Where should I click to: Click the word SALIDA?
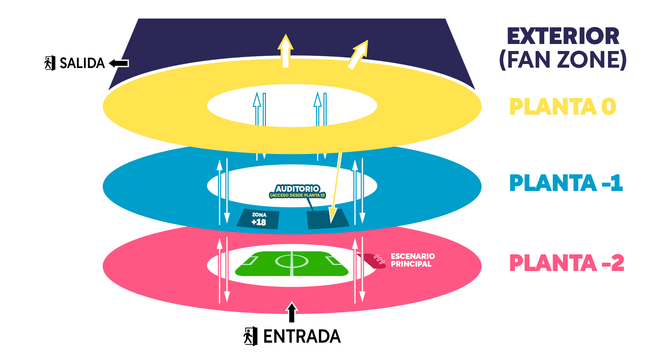coord(82,63)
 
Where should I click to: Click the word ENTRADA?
coord(302,336)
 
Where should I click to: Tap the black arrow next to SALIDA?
coord(119,63)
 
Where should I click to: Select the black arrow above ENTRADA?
coord(292,312)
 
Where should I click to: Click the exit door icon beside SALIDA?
coord(50,63)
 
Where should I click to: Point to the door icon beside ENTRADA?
coord(250,336)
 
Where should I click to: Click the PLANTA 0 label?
coord(563,107)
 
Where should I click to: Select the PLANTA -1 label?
coord(566,183)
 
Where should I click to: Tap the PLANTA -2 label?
coord(567,263)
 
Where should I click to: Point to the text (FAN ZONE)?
coord(563,60)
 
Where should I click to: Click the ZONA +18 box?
coord(258,219)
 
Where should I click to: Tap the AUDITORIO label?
coord(297,189)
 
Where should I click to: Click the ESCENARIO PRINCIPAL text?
coord(413,260)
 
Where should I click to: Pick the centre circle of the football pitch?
coord(292,261)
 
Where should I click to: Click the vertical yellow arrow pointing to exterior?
coord(285,51)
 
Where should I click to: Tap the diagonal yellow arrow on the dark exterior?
coord(358,55)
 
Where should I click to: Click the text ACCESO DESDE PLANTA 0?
coord(297,195)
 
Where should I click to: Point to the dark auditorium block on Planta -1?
coord(327,219)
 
